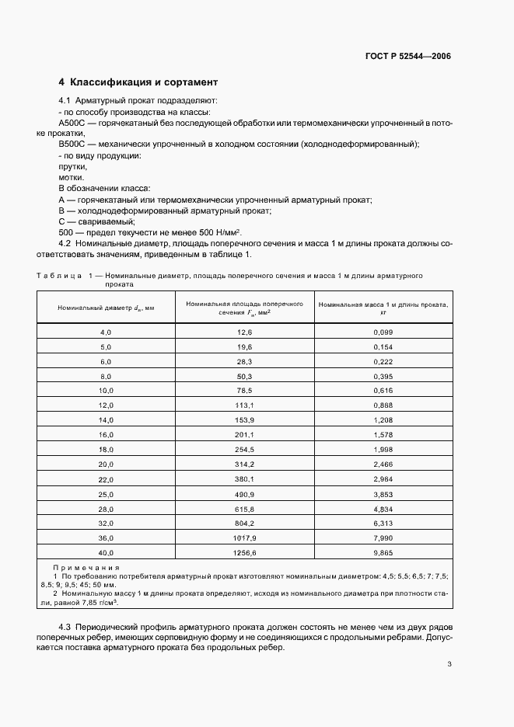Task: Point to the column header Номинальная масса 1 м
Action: [x=383, y=308]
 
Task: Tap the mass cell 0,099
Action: [x=383, y=332]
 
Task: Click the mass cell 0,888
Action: [x=383, y=405]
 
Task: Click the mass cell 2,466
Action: [x=383, y=464]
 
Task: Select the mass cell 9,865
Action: [x=383, y=553]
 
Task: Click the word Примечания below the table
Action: [x=86, y=568]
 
